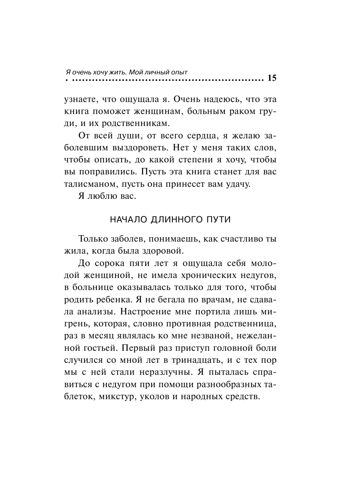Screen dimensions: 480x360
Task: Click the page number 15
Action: click(271, 78)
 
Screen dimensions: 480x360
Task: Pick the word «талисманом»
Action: click(86, 185)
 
